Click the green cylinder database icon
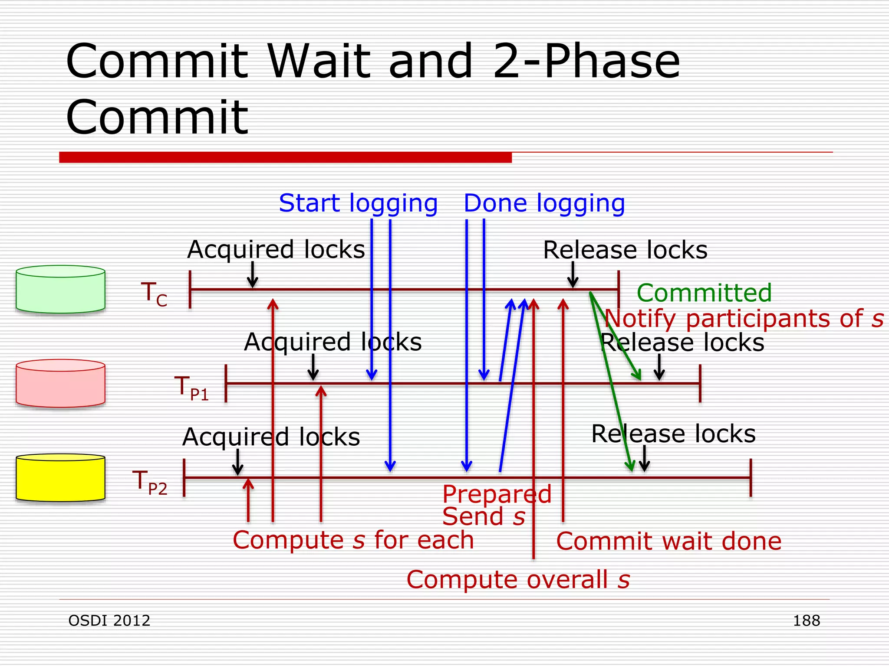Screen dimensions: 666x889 click(60, 289)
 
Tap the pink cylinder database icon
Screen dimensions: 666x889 click(60, 383)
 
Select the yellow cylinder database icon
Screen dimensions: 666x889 click(60, 477)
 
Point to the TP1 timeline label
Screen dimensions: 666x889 click(191, 388)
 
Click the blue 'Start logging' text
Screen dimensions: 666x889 click(358, 203)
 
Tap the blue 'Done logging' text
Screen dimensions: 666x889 click(544, 203)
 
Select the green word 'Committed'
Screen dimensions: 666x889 click(704, 293)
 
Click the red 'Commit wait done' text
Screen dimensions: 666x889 click(668, 541)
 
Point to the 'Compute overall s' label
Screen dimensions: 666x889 click(518, 580)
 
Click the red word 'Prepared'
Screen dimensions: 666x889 click(497, 494)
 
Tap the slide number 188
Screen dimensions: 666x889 click(806, 620)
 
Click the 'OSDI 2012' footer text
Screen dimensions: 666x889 click(109, 620)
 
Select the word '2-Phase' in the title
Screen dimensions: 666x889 click(586, 62)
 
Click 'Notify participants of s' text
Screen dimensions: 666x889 click(744, 319)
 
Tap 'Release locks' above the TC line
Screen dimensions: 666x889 click(625, 250)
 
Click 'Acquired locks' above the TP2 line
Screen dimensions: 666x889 click(271, 437)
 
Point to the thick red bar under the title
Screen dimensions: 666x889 click(285, 157)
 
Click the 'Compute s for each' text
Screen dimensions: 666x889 click(353, 540)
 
